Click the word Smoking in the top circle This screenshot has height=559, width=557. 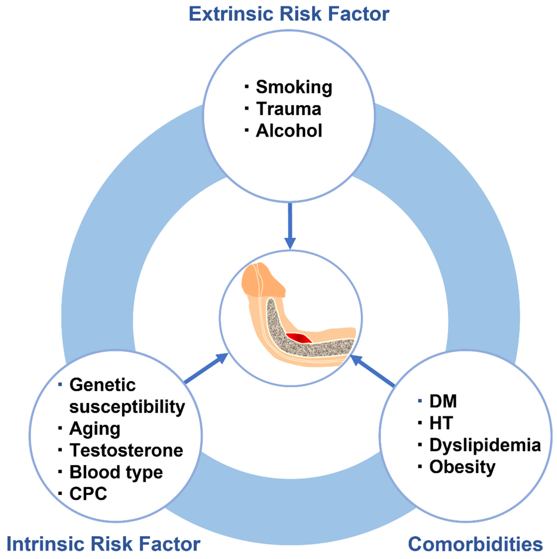coord(294,87)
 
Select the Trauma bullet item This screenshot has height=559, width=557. coord(289,109)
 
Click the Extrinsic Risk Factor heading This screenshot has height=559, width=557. coord(289,14)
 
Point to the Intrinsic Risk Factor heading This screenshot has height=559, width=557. coord(103,544)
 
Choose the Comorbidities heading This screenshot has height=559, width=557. coord(475,544)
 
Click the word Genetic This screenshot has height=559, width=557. coord(103,385)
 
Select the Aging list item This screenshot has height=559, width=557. coord(95,429)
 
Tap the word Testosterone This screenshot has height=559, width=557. coord(126,450)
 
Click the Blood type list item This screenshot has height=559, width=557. coord(116,473)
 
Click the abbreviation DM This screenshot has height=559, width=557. coord(443,401)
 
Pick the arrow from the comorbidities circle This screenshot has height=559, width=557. coord(372,371)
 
